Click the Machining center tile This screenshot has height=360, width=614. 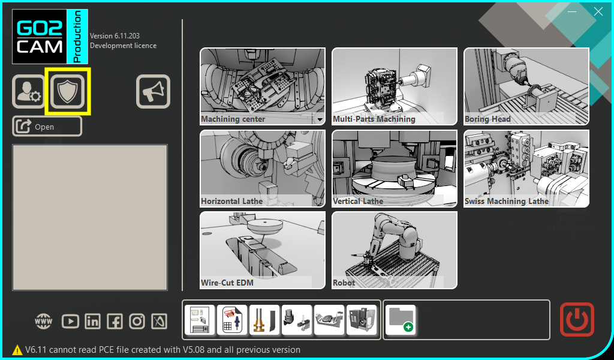tap(263, 86)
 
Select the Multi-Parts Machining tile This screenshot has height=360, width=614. tap(395, 86)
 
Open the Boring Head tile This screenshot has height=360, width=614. tap(526, 86)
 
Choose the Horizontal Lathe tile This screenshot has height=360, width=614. tap(263, 169)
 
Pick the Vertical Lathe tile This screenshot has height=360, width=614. tap(395, 169)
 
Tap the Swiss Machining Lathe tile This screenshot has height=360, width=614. tap(526, 169)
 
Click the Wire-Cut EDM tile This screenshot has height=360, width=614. tap(263, 250)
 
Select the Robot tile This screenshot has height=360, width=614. tap(395, 250)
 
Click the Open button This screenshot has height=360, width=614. tap(47, 127)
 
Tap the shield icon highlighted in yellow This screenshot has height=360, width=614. tap(67, 91)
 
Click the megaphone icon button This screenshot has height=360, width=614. tap(153, 91)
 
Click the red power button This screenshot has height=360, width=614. tap(577, 319)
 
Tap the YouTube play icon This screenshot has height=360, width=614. tap(70, 322)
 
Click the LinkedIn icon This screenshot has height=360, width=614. tap(92, 322)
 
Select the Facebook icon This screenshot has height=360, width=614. tap(115, 322)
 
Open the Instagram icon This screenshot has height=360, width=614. tap(137, 322)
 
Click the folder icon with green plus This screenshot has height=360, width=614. tap(400, 320)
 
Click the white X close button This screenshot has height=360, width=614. tap(598, 12)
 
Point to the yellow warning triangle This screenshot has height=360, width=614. tap(17, 350)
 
